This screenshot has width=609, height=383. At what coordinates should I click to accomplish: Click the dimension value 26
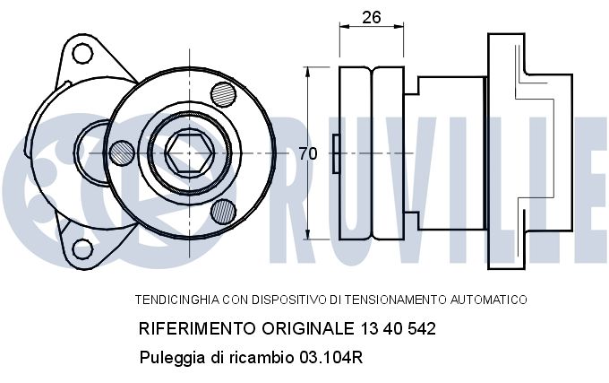(371, 15)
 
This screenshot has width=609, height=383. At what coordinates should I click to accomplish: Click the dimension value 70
(307, 153)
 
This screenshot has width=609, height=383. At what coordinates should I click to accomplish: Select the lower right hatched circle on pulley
(224, 212)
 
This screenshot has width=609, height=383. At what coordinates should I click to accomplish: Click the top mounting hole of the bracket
(83, 54)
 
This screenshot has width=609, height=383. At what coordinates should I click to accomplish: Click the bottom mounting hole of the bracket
(83, 249)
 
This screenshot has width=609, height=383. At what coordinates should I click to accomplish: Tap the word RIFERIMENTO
(194, 328)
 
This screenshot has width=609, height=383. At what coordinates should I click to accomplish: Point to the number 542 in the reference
(418, 328)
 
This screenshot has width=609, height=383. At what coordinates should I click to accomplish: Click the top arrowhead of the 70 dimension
(307, 71)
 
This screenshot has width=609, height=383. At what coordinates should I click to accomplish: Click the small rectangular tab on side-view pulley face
(335, 153)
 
